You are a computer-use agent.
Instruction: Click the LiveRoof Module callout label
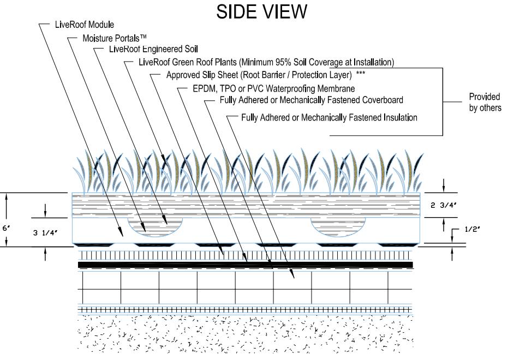(x=85, y=25)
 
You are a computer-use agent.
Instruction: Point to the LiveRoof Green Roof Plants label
(x=260, y=62)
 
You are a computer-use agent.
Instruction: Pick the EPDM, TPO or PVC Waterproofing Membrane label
(x=267, y=88)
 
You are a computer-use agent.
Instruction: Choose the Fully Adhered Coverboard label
(x=312, y=100)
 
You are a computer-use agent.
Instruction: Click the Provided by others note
(x=485, y=102)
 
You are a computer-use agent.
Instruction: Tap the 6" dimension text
(x=6, y=229)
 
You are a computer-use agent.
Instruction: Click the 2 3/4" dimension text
(x=444, y=205)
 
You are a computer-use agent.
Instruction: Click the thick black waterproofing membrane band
(x=246, y=265)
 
